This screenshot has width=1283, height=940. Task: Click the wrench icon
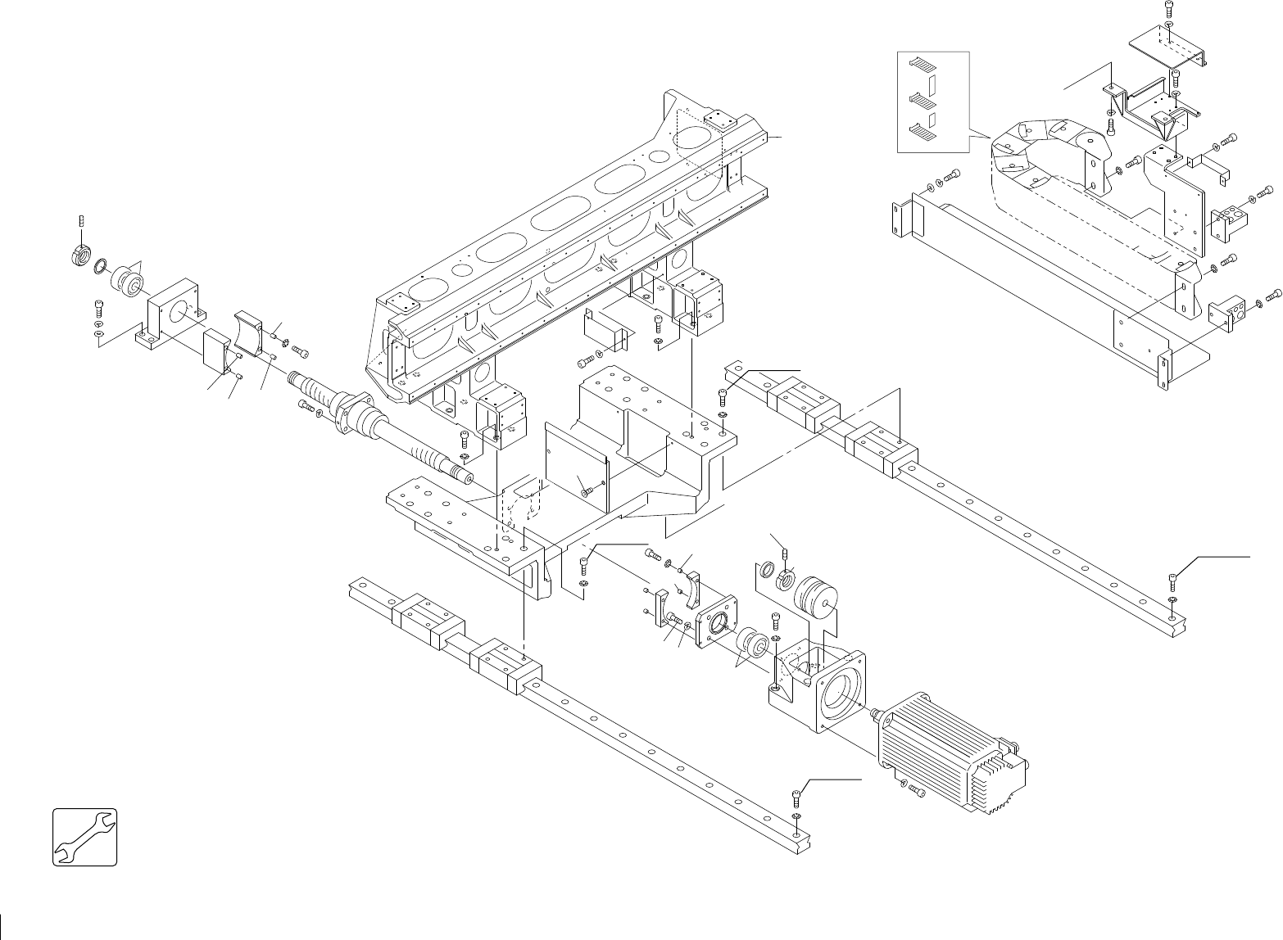[85, 837]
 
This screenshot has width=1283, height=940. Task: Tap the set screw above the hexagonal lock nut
[80, 220]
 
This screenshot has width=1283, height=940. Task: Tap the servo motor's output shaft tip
[874, 714]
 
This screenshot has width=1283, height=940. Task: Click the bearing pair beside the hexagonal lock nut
[127, 279]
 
